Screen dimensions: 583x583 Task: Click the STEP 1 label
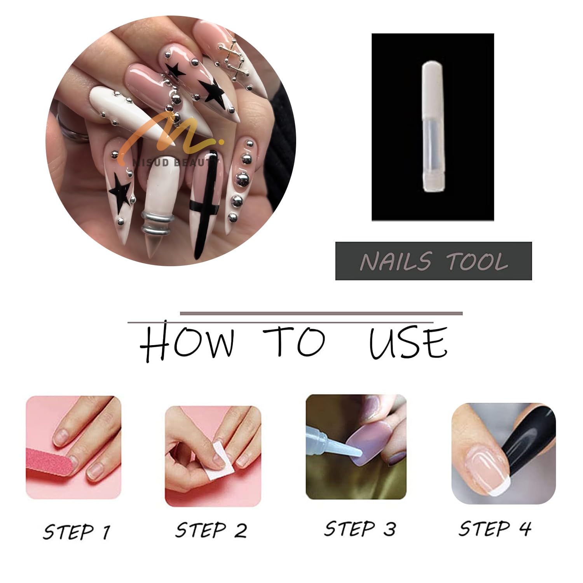77,532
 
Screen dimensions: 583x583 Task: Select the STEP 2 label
211,530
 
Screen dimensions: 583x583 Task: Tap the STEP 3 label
360,529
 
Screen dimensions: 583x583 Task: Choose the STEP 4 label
495,528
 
